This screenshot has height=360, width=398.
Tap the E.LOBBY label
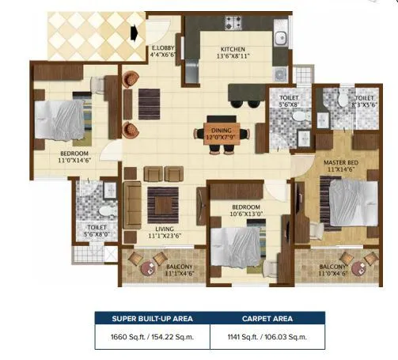(x=165, y=48)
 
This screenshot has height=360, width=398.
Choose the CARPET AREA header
(x=261, y=320)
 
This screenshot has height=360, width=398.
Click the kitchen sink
(x=281, y=36)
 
